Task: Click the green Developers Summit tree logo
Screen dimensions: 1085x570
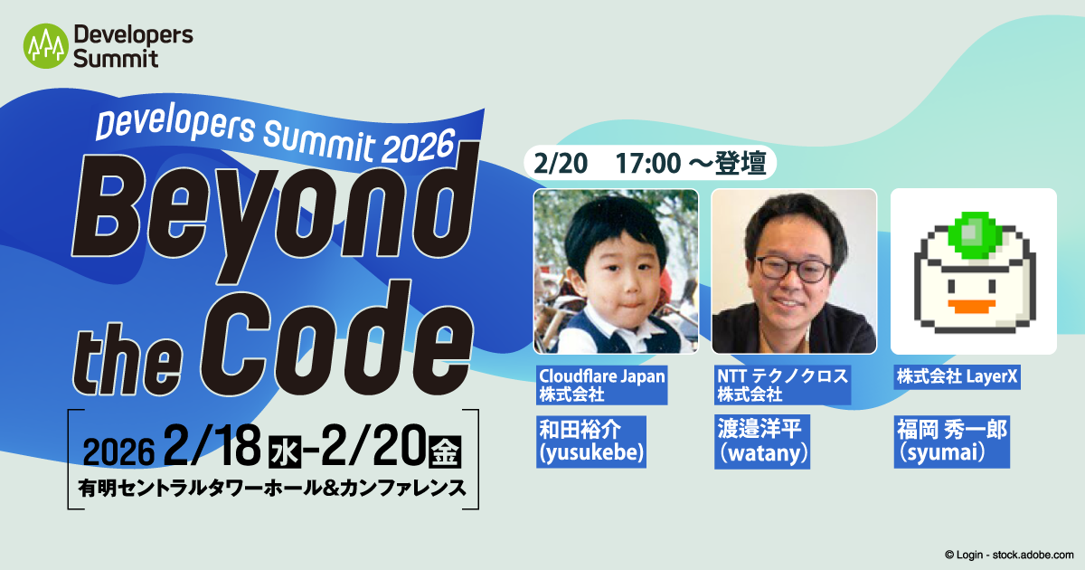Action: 45,46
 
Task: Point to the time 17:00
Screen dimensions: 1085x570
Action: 648,163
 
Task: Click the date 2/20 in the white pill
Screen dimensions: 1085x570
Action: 561,163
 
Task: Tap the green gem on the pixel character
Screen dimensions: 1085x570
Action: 975,234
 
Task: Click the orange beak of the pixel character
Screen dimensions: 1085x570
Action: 971,307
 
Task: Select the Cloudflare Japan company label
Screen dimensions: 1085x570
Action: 601,385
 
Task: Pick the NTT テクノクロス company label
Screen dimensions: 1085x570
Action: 782,385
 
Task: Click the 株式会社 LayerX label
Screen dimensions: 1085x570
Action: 958,376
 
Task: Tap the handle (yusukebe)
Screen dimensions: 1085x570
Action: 591,452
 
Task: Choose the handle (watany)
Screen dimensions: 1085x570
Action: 762,453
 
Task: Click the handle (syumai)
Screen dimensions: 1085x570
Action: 940,452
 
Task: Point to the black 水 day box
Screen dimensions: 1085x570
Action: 285,451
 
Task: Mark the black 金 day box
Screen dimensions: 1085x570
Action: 445,451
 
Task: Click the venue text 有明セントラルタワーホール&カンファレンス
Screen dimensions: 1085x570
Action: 272,488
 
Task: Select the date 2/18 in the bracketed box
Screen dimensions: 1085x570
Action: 212,446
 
